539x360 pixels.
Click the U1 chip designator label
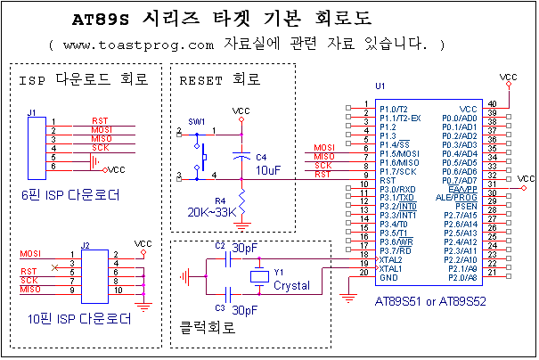click(380, 86)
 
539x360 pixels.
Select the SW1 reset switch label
click(196, 121)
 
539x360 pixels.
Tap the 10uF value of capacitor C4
click(268, 168)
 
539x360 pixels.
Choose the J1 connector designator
click(33, 113)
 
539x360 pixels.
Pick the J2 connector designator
click(86, 245)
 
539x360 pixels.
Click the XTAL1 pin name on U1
click(391, 268)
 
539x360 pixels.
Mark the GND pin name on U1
click(388, 277)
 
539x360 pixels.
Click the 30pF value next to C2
click(246, 249)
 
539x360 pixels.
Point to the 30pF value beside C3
click(246, 309)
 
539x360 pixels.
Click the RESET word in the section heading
click(203, 80)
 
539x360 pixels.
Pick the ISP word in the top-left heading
click(32, 80)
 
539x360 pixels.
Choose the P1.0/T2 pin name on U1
click(394, 109)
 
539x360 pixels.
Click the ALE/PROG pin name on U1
click(461, 198)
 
